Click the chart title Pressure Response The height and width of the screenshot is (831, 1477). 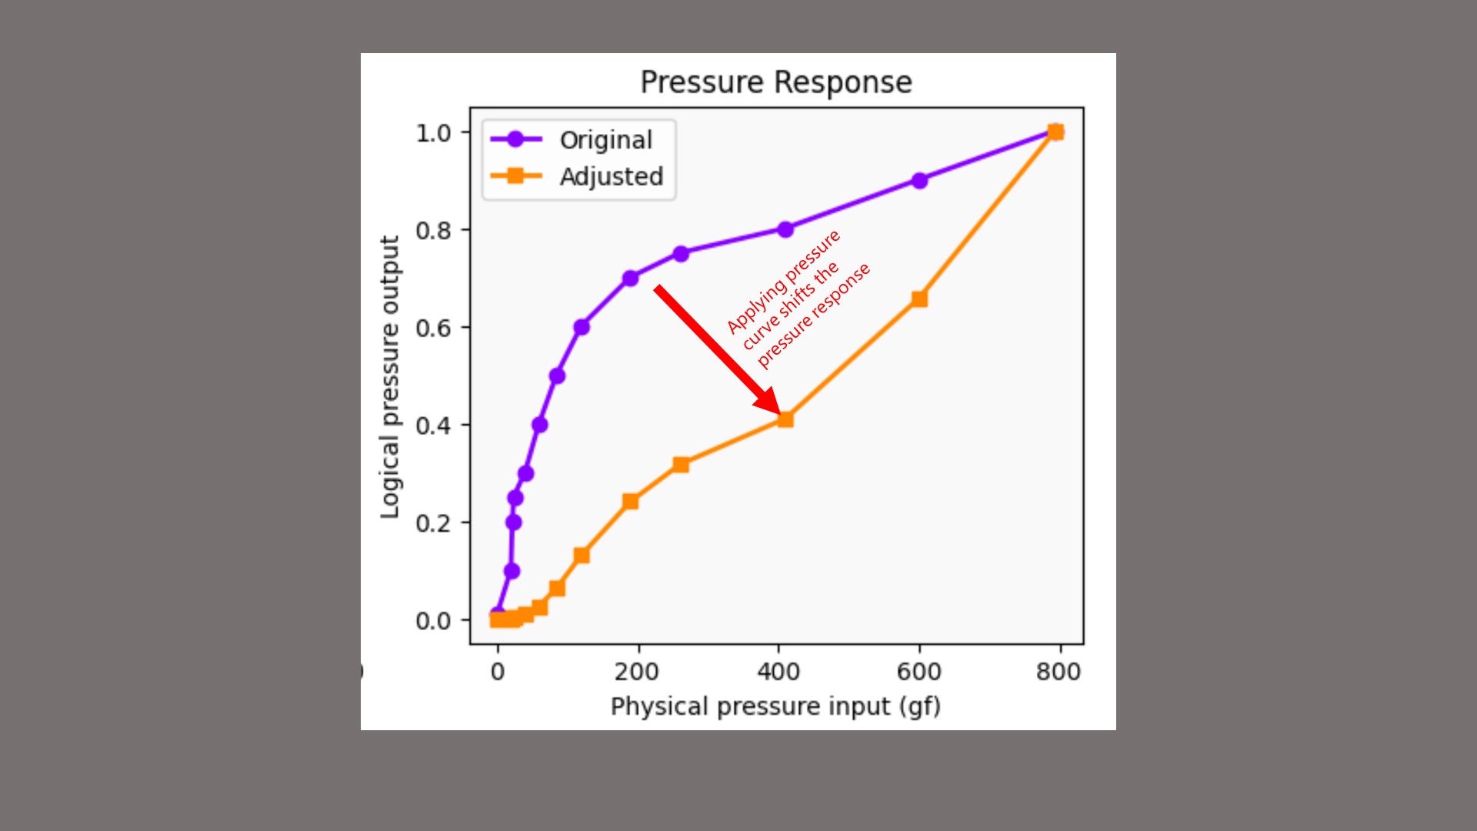click(776, 82)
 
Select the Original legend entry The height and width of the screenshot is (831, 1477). click(605, 140)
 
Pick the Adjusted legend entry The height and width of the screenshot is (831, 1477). click(611, 177)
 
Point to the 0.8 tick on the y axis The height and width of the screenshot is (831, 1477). click(433, 230)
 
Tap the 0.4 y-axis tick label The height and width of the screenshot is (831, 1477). click(433, 426)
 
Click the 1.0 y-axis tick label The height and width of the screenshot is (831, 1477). click(433, 133)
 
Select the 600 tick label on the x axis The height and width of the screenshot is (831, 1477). click(919, 672)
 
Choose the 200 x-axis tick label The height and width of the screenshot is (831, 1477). click(636, 672)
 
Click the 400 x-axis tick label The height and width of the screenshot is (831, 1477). click(779, 672)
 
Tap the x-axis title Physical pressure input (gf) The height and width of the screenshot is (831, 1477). click(775, 706)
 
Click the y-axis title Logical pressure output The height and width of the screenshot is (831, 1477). click(390, 377)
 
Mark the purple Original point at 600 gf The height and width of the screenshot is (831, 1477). click(919, 181)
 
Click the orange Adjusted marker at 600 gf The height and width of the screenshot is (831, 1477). click(919, 299)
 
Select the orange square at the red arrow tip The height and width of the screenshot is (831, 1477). click(785, 419)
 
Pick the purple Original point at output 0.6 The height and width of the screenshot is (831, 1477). click(582, 327)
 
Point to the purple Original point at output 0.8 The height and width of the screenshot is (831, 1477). click(785, 229)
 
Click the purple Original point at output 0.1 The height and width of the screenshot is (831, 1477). click(512, 571)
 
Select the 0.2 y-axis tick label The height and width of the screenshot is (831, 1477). click(433, 523)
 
